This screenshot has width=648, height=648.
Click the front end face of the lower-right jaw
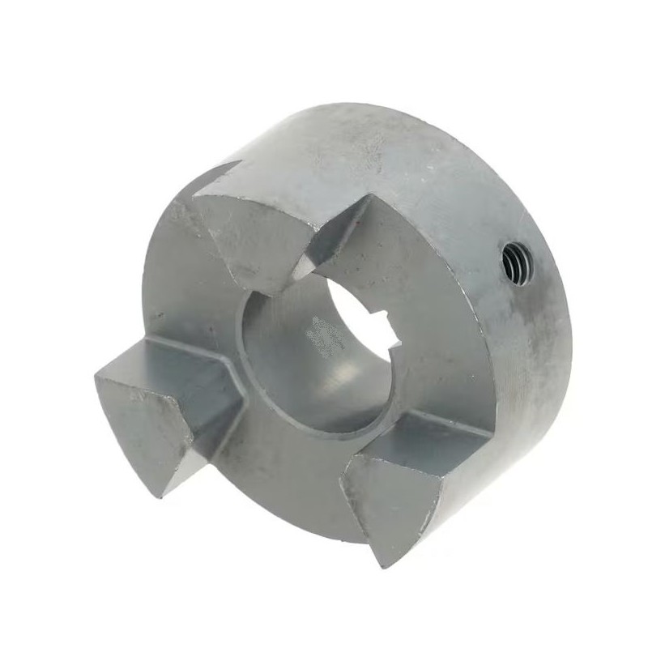click(x=385, y=502)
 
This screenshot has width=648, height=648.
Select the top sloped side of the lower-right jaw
click(x=421, y=437)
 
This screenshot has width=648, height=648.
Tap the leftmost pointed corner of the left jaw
click(x=96, y=377)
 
